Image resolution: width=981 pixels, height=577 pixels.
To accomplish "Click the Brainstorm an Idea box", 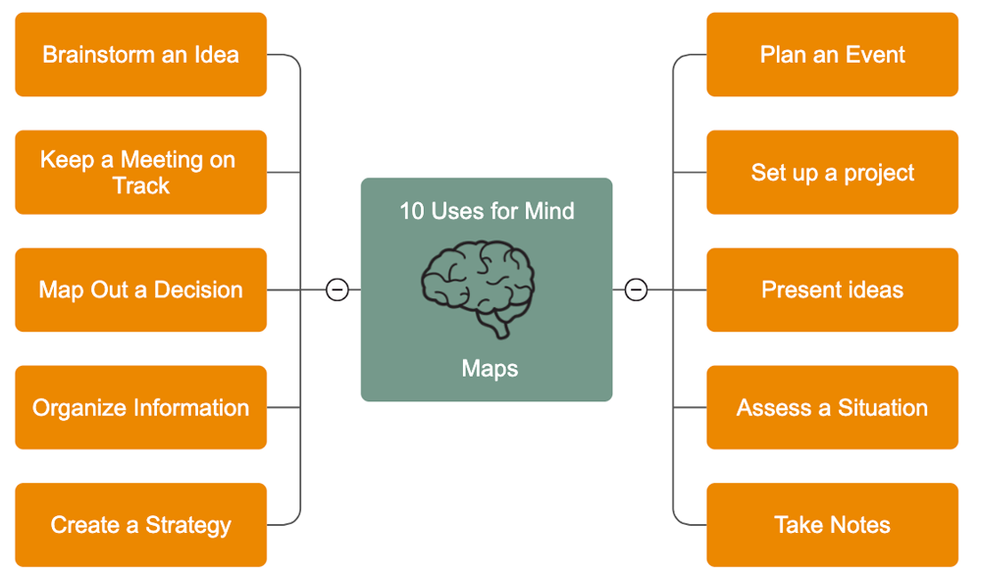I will point(140,55).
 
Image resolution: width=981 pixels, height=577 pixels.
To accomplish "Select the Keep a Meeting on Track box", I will point(140,173).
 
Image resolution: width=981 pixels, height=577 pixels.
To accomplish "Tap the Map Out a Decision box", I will point(140,290).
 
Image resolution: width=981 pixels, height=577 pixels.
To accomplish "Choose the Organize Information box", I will point(140,408).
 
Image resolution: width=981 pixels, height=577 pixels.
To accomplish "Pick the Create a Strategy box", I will point(140,525).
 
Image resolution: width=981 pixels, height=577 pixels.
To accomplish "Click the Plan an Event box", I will point(832,55).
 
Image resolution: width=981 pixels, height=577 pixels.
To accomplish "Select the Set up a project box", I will point(832,173).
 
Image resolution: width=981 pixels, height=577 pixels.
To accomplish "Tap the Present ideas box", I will point(832,290).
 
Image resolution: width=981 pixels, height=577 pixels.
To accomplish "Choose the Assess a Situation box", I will point(832,408).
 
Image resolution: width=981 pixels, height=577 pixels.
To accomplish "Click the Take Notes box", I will point(832,525).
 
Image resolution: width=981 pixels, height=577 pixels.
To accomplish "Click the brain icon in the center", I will point(479,286).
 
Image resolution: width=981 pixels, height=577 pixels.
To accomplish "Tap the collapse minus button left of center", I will point(337,290).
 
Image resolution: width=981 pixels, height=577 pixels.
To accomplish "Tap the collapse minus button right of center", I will point(636,290).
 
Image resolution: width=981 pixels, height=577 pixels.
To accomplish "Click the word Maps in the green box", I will point(490,369).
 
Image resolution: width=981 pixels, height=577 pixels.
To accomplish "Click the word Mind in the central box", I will point(549,211).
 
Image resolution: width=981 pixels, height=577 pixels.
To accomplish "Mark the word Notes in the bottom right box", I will point(858,525).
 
